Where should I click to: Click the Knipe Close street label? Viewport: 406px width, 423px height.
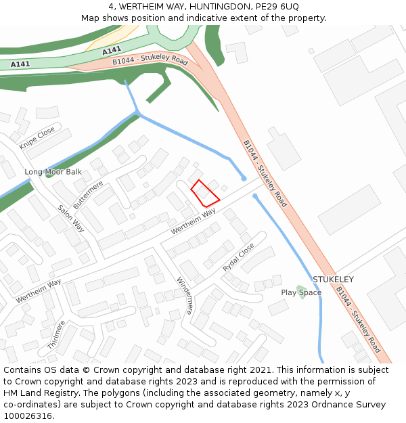(37, 137)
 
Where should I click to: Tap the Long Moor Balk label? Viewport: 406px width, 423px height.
(53, 172)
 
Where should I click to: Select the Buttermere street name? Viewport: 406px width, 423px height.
(88, 194)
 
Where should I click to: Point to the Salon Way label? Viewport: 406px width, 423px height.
(70, 219)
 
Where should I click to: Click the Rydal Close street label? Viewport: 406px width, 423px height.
(239, 257)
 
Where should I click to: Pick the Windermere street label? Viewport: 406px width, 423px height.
(185, 296)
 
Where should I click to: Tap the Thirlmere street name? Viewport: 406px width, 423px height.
(56, 335)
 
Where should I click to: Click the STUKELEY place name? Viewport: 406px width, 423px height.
(333, 280)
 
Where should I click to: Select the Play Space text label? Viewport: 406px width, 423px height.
(301, 292)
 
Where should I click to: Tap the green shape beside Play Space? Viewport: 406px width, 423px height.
(300, 288)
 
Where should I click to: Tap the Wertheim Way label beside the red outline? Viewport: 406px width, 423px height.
(193, 221)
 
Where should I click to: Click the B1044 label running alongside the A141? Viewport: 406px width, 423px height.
(150, 61)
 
